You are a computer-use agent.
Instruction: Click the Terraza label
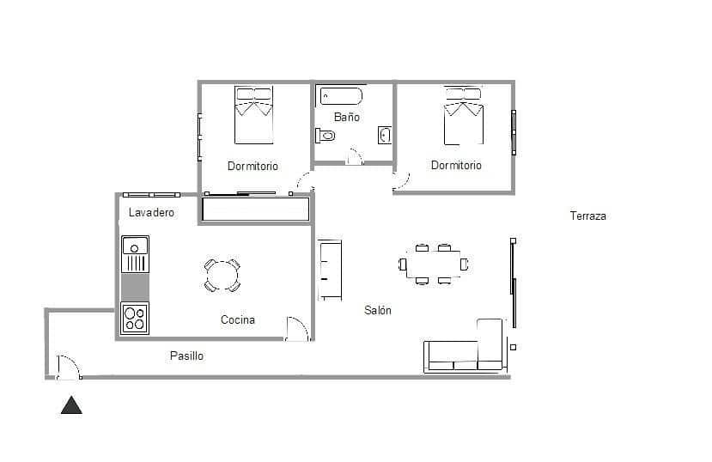click(587, 216)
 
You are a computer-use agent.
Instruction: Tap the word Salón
click(377, 310)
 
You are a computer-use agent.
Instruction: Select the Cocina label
click(237, 320)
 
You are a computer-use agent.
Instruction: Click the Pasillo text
click(186, 356)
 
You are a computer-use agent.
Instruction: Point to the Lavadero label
click(151, 212)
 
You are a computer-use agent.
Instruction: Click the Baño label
click(346, 117)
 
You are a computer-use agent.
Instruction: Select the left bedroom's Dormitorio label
click(253, 166)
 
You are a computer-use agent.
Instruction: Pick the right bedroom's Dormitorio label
click(456, 165)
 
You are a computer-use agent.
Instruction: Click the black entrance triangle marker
click(71, 405)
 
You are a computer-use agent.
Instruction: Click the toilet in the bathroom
click(326, 135)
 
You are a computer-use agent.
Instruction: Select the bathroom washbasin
click(385, 135)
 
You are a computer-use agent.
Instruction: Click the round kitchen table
click(222, 275)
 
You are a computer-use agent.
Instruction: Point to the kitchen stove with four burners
click(135, 319)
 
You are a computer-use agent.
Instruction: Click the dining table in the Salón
click(433, 264)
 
